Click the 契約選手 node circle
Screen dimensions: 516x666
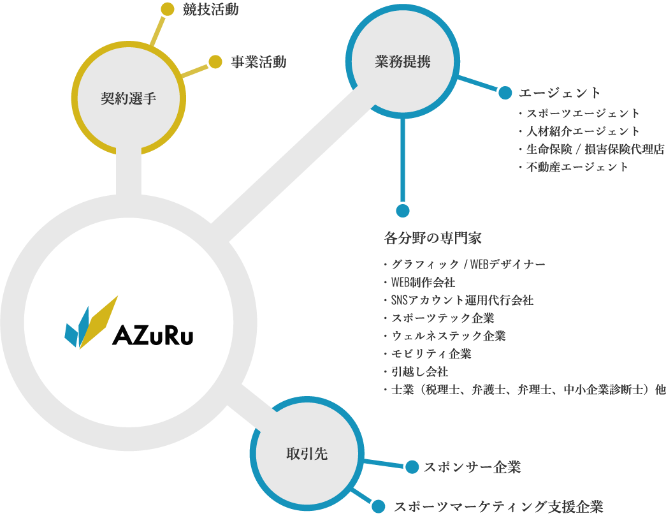click(x=129, y=98)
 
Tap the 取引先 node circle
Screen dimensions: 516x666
click(x=307, y=453)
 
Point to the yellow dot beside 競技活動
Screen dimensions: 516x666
click(x=167, y=9)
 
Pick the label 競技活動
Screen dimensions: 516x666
click(x=210, y=10)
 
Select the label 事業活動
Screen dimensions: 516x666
click(x=258, y=62)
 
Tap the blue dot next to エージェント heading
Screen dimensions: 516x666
click(x=505, y=93)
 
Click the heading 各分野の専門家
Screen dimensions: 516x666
click(x=433, y=239)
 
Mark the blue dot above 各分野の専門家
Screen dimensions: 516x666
click(x=402, y=210)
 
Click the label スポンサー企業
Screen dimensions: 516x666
click(x=472, y=468)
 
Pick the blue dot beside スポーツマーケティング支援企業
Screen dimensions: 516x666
click(x=379, y=506)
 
